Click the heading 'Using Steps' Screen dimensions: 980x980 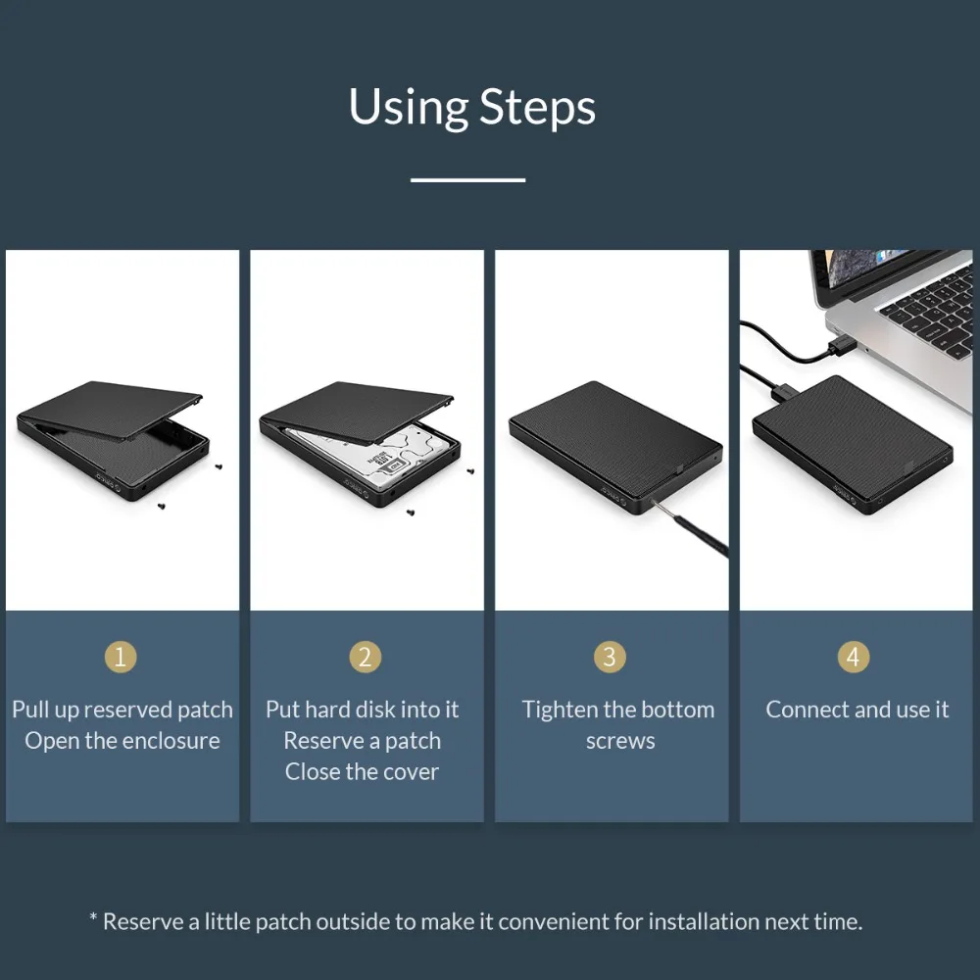[471, 107]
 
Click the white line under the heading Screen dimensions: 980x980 [467, 179]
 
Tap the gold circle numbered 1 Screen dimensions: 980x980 [121, 657]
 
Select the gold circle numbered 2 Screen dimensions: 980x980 [365, 657]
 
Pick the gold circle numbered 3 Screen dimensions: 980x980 [610, 657]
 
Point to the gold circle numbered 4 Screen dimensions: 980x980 [853, 657]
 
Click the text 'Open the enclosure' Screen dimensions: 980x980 [122, 741]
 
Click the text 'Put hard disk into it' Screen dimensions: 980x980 [362, 710]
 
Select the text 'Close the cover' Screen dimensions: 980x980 [362, 772]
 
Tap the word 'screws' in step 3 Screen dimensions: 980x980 [619, 741]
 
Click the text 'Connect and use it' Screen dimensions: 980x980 [857, 710]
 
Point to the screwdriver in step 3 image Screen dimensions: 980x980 [702, 529]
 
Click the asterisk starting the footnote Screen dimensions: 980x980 [94, 921]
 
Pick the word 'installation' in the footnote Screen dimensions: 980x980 [704, 921]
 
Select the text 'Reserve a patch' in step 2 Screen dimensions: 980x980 [362, 741]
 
